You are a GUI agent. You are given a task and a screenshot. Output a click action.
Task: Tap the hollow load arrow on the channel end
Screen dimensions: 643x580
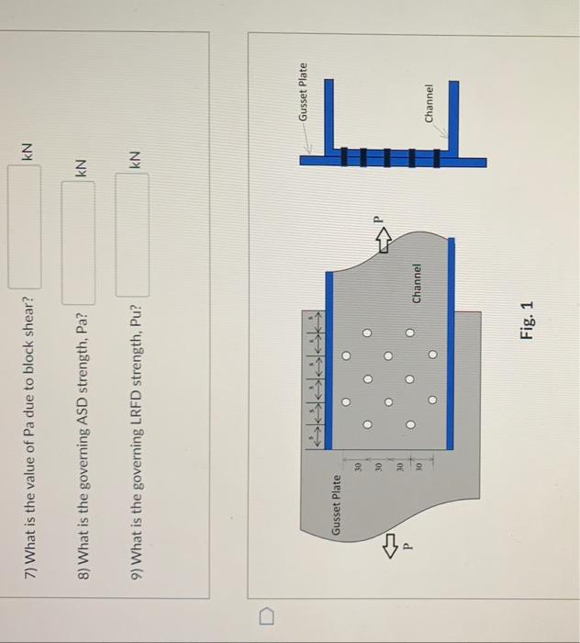(383, 236)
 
